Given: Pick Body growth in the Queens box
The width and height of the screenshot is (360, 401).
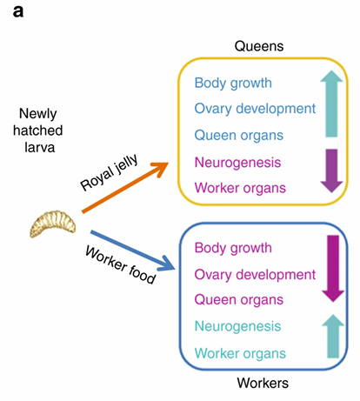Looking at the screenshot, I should pos(233,84).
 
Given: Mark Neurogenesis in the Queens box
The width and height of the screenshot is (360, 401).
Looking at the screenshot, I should pos(236,162).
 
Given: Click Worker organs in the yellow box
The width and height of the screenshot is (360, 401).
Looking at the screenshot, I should pos(239,188).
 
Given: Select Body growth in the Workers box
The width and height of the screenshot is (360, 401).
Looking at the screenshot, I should pos(233,248).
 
